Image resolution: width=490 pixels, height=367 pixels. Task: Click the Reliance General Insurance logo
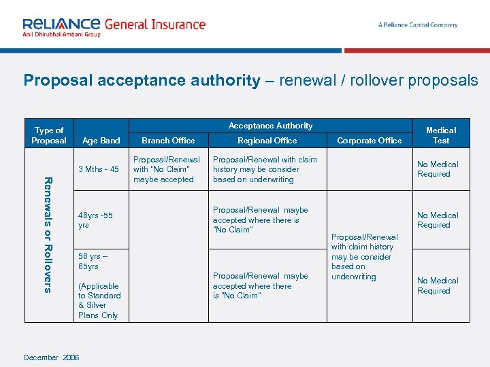(x=114, y=27)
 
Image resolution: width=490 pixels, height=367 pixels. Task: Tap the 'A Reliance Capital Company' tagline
(x=418, y=25)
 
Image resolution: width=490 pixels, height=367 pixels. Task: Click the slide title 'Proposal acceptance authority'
(x=142, y=81)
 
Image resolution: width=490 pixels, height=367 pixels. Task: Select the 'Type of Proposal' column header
(x=49, y=135)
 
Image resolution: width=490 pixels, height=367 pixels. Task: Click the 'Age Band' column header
(x=101, y=141)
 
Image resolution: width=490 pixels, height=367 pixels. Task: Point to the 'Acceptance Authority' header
(x=270, y=126)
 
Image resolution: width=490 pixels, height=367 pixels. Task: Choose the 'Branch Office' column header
(x=168, y=141)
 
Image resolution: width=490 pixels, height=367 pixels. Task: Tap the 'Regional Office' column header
(x=267, y=141)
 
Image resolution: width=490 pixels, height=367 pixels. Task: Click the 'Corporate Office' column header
(x=370, y=141)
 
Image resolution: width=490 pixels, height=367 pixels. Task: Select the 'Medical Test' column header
(x=441, y=135)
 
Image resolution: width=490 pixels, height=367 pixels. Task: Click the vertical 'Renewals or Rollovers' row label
(x=47, y=234)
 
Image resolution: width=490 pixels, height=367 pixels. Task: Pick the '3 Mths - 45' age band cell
(x=99, y=169)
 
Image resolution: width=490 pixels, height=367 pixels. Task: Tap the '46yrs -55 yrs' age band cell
(x=95, y=220)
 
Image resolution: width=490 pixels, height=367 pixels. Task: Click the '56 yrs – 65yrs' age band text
(x=93, y=261)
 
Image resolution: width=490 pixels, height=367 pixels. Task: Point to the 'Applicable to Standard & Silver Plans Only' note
(x=99, y=300)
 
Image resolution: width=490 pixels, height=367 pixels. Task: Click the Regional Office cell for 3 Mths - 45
(x=265, y=170)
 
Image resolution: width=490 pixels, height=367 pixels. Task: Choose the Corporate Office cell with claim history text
(x=364, y=257)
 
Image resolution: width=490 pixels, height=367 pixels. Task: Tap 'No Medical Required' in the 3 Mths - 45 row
(x=438, y=169)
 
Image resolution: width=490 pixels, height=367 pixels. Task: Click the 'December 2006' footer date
(x=52, y=357)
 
